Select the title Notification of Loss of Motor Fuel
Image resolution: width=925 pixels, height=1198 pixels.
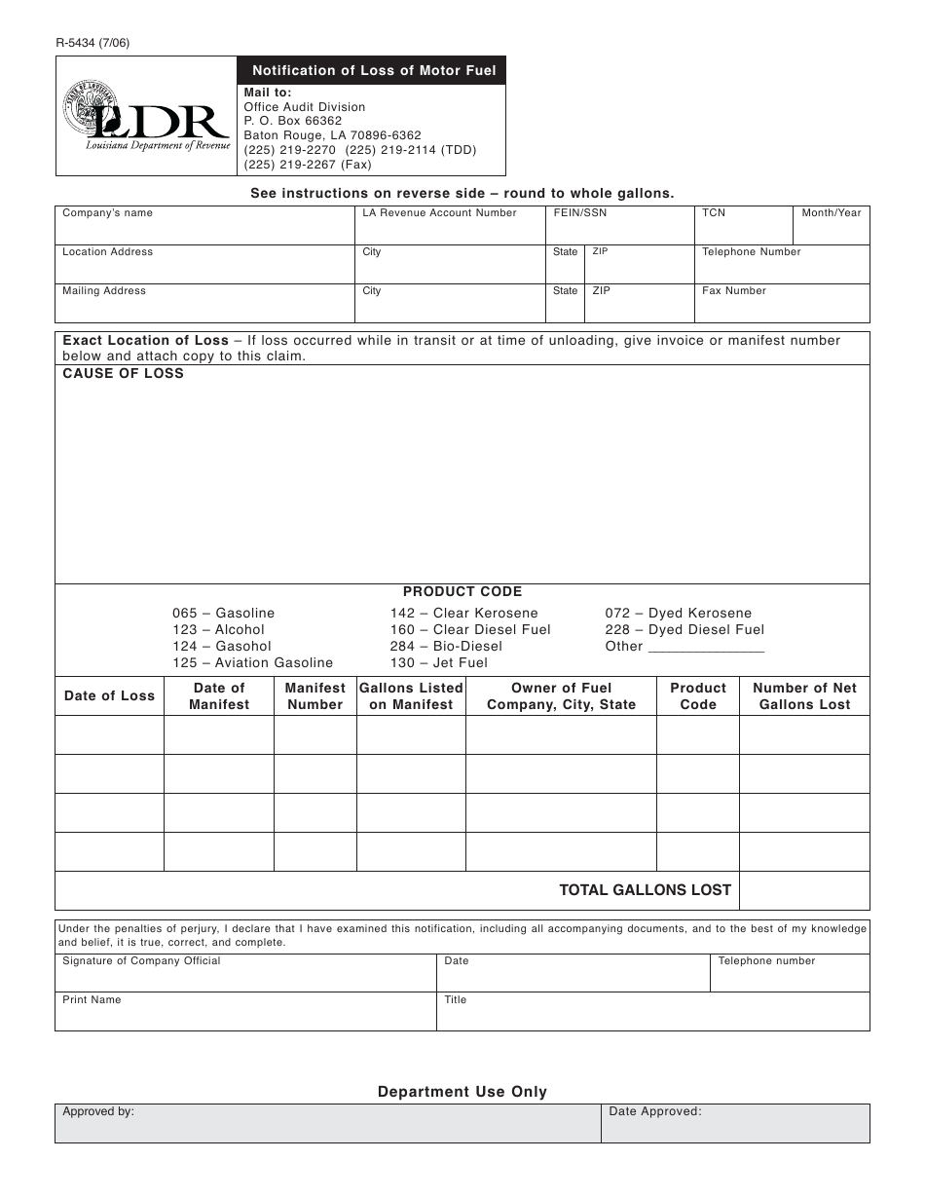374,70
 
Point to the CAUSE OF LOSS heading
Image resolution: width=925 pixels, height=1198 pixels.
124,374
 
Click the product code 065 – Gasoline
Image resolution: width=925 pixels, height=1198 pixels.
224,614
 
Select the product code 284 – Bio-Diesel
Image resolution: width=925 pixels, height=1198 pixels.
446,647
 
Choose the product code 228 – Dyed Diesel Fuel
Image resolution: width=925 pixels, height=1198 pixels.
684,630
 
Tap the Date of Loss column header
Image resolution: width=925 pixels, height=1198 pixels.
109,696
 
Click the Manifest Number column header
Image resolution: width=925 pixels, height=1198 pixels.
315,696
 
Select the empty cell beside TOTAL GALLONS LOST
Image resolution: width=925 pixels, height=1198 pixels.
804,890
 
